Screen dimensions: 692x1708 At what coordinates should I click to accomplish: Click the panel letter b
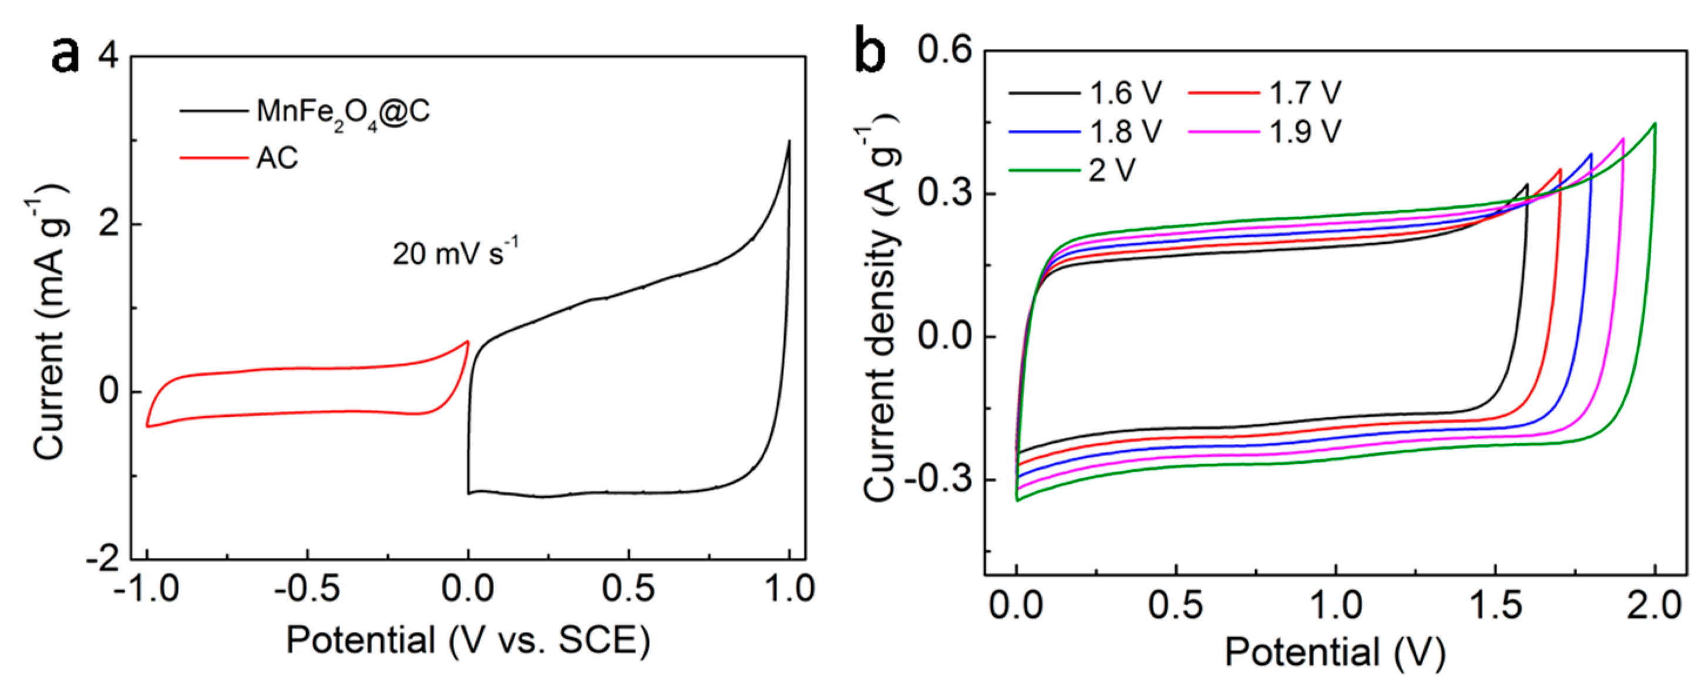(870, 50)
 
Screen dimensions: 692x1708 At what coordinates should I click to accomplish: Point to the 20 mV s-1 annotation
(455, 253)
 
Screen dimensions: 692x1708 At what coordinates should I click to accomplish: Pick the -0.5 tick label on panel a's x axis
(307, 589)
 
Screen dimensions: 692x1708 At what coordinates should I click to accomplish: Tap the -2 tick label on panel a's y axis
(103, 559)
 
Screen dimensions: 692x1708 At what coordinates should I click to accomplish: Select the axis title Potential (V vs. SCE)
(468, 641)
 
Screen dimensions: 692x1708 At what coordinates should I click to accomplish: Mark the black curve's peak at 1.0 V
(789, 141)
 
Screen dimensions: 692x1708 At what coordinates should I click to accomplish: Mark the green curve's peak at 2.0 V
(1655, 123)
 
